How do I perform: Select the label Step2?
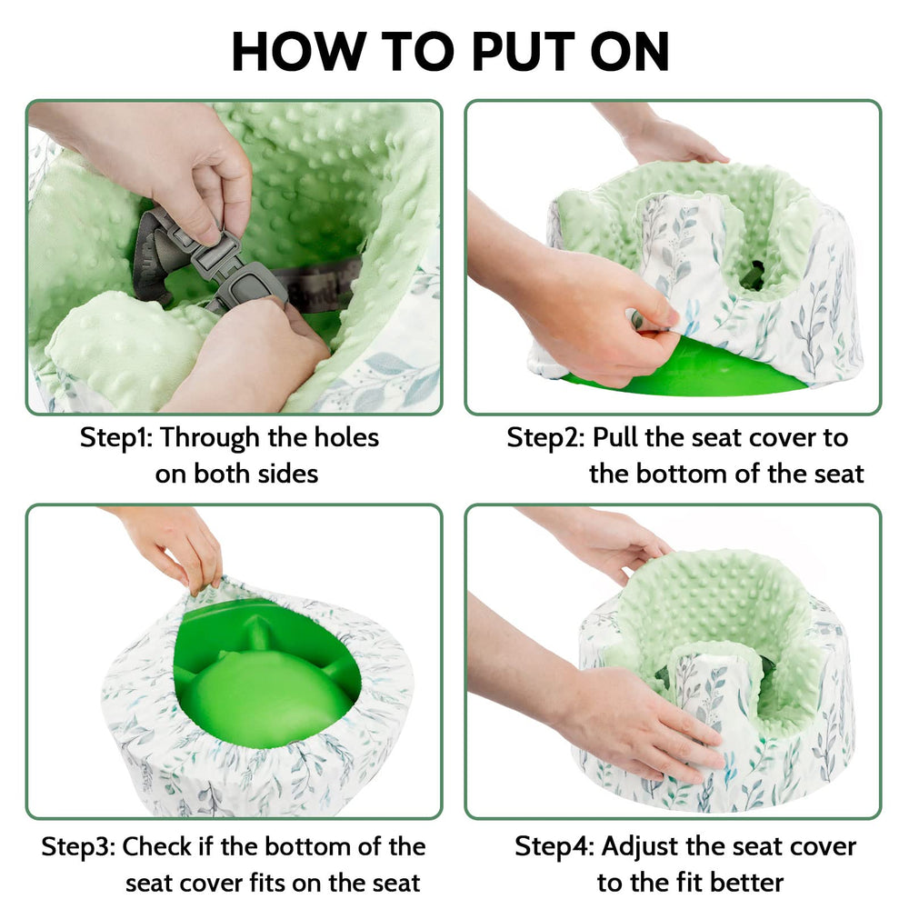(x=545, y=437)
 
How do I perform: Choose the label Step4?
(x=554, y=846)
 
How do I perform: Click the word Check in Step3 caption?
(x=158, y=846)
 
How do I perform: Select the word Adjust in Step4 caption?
(x=642, y=846)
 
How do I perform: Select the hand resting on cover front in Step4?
(x=636, y=718)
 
